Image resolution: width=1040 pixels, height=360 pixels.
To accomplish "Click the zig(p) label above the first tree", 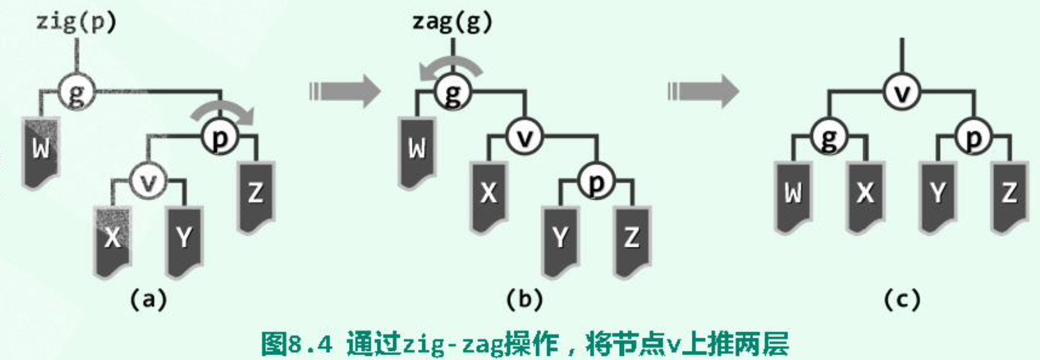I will pos(76,22).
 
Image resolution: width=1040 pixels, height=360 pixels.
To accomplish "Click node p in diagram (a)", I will pos(221,137).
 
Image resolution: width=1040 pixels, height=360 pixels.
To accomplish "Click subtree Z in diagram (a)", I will pos(255,193).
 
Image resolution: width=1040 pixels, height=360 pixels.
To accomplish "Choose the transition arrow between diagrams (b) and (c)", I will pos(702,91).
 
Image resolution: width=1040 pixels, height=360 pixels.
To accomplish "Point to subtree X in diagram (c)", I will pos(865,193).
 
